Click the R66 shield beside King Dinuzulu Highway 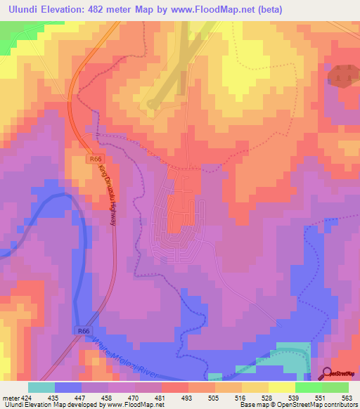pyautogui.click(x=96, y=160)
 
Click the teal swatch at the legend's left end pyautogui.click(x=41, y=387)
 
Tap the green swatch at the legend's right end pyautogui.click(x=335, y=387)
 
